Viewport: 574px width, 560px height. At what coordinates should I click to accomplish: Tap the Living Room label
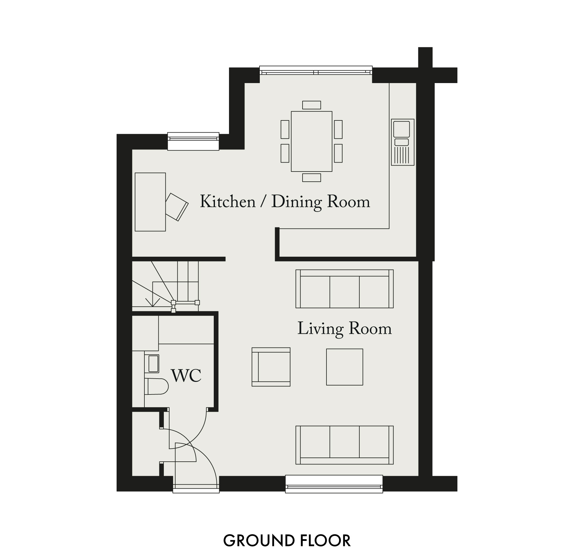[344, 329]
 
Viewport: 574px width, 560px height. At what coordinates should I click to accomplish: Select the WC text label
[186, 376]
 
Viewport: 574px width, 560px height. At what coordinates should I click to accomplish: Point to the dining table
[312, 141]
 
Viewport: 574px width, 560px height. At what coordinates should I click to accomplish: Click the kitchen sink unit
[403, 142]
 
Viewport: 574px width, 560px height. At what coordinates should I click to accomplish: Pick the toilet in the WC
[156, 386]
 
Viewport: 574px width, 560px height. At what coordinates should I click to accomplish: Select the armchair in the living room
[271, 367]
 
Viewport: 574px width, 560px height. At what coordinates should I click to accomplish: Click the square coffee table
[344, 367]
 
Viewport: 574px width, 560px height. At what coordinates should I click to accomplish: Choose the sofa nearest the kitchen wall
[344, 289]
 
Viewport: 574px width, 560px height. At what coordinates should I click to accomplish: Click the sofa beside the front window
[344, 445]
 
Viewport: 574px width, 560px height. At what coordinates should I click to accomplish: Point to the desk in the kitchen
[150, 202]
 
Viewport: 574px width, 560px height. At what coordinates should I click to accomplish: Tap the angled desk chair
[177, 207]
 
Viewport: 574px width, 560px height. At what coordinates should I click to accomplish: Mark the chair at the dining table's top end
[312, 105]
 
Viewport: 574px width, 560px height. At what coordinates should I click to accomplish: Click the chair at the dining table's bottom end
[312, 178]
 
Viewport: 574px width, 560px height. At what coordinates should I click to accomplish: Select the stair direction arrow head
[152, 302]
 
